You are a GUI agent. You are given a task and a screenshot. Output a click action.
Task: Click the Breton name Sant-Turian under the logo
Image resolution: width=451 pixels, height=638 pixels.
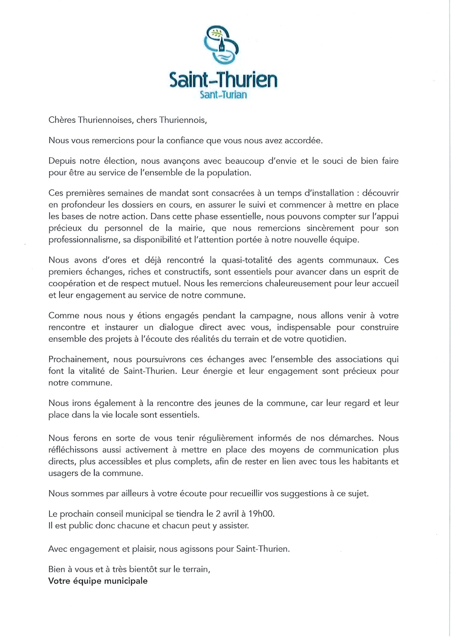coord(223,94)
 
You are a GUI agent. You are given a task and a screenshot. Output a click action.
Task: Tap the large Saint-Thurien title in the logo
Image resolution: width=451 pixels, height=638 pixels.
coord(223,80)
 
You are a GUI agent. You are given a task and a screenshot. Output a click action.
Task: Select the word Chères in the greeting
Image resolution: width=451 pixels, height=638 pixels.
coord(61,120)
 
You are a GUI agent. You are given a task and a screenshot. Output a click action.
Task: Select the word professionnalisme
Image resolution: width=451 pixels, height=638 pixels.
coord(84,240)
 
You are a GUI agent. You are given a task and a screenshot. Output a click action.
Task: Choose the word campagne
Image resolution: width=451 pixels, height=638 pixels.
coord(268,316)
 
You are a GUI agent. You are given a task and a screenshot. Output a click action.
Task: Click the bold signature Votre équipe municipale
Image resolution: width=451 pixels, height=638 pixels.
coord(98,581)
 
